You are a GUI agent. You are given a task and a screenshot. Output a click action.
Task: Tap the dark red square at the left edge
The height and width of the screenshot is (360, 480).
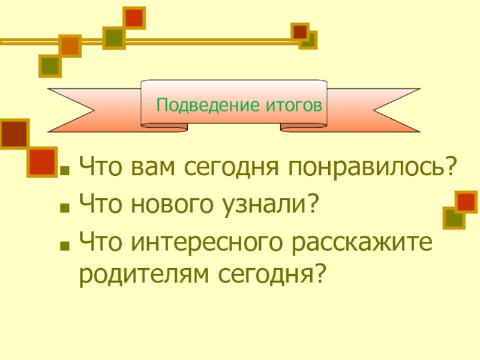[14, 133]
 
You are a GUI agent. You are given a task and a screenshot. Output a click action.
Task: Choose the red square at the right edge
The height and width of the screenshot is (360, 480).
[466, 202]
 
